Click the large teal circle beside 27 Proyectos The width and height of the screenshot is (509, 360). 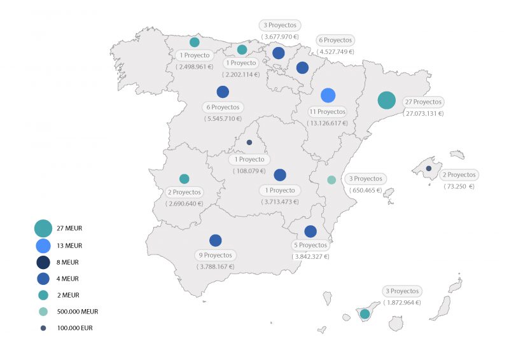coord(386,100)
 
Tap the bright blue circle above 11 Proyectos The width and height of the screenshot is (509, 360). coord(328,95)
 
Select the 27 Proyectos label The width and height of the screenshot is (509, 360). coord(423,102)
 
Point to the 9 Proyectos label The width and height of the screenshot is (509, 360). coord(215,255)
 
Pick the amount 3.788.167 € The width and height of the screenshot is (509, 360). coord(216,267)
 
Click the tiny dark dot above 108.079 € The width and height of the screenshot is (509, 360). coord(249,142)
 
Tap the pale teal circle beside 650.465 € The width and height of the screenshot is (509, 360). coord(331,180)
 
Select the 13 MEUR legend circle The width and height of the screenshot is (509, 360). coord(43,246)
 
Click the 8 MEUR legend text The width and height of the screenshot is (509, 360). coord(69,262)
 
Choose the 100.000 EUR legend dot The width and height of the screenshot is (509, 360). coord(43,328)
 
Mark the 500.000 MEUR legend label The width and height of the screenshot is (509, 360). coord(78,312)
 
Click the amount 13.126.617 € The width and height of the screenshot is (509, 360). coord(327,123)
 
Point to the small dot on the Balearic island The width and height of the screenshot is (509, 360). coord(429,169)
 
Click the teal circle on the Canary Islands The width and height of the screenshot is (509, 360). coord(365,314)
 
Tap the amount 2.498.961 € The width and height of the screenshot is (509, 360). coord(195,66)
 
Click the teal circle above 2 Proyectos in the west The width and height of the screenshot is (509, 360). coord(184,179)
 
